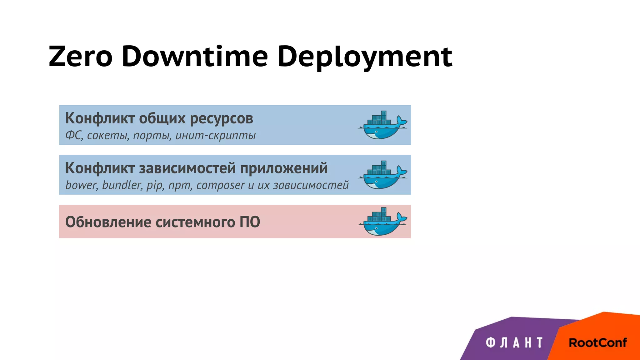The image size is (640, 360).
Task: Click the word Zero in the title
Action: pos(80,57)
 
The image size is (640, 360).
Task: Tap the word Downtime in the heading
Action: pos(195,57)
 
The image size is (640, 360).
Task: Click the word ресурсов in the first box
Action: pos(221,118)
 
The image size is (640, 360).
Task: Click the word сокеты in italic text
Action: pos(108,135)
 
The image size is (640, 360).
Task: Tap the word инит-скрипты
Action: pos(215,135)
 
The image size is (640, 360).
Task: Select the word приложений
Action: pos(284,168)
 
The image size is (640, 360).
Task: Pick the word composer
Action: pos(220,185)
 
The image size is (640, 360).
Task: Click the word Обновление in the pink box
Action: pos(108,222)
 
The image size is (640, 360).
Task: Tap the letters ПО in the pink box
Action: pos(250,222)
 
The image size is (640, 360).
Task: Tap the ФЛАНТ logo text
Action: pos(514,342)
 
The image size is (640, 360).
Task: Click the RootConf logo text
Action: pos(597,343)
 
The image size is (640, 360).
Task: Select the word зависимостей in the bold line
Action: pos(187,168)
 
